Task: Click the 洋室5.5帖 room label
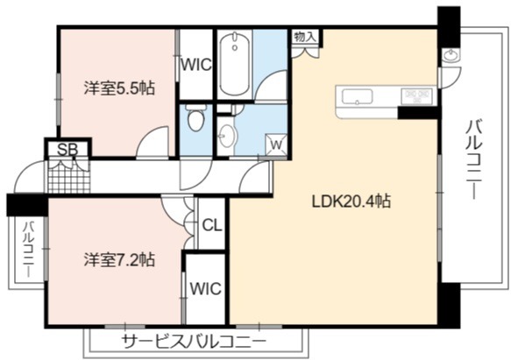[x=119, y=88]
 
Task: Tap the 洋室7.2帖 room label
[x=119, y=259]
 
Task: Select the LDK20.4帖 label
[x=351, y=201]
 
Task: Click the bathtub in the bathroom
[x=235, y=64]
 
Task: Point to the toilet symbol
[x=196, y=118]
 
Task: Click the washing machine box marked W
[x=276, y=145]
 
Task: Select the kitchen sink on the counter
[x=357, y=96]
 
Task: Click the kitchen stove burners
[x=417, y=96]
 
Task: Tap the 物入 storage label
[x=305, y=37]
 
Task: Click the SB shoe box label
[x=67, y=150]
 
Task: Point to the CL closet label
[x=212, y=225]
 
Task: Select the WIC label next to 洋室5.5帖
[x=196, y=65]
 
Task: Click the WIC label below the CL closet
[x=206, y=288]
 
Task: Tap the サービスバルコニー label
[x=195, y=342]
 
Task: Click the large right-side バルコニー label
[x=473, y=159]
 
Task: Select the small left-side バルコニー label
[x=29, y=250]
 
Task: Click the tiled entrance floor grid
[x=68, y=177]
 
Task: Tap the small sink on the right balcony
[x=451, y=55]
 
